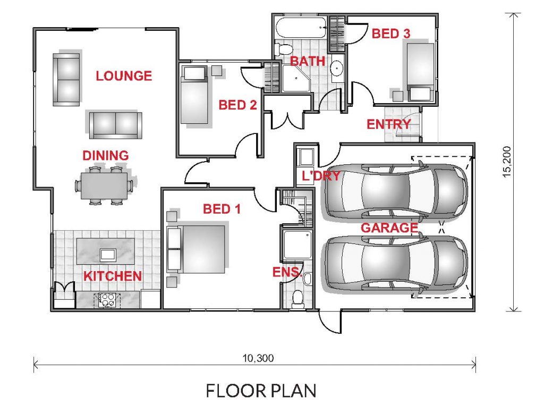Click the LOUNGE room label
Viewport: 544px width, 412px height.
(124, 75)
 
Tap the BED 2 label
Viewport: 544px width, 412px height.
(237, 105)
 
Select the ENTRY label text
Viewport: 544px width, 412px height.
(388, 124)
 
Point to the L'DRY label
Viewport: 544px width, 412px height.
(321, 175)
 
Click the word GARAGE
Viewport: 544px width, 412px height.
(389, 228)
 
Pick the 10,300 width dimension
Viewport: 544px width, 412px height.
(258, 358)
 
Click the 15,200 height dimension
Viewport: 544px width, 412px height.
(507, 162)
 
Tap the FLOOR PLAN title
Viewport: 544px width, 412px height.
(261, 391)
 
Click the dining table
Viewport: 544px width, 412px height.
(104, 186)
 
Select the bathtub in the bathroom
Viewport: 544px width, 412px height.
(301, 28)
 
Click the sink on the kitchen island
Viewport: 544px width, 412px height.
(107, 255)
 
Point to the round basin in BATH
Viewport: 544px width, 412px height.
(336, 68)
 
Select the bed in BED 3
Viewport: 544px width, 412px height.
(420, 72)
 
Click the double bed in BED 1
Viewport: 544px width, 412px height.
(197, 249)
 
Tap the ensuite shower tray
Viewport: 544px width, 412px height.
(297, 245)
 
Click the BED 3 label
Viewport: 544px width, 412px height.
(391, 33)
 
